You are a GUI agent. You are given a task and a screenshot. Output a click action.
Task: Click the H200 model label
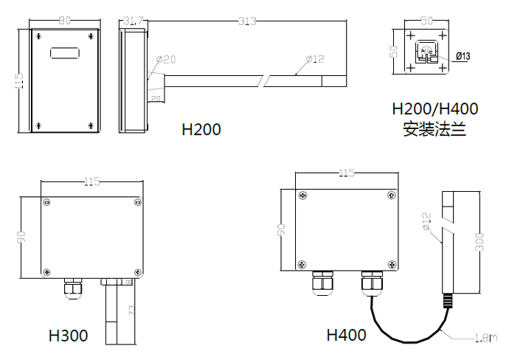pos(201,130)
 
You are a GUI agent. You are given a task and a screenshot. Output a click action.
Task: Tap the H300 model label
pos(69,336)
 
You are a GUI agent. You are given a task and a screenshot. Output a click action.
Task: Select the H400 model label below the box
pos(346,336)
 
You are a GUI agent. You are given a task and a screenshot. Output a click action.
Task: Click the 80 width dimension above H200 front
pos(64,21)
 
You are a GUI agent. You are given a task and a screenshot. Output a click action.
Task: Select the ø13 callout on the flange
pos(463,56)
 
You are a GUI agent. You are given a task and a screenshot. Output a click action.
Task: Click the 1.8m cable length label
pos(484,339)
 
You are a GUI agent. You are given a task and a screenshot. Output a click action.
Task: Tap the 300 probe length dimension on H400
pos(480,243)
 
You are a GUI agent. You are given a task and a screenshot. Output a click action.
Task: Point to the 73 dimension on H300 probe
pos(132,310)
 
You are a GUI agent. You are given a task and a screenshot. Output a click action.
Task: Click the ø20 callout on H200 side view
pos(165,60)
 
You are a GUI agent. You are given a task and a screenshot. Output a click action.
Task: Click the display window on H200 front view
pos(64,53)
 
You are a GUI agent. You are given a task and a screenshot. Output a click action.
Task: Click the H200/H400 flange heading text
pos(435,109)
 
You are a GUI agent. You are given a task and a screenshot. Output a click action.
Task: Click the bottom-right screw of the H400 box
pos(389,264)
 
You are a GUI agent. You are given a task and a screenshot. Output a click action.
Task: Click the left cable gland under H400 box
pos(323,283)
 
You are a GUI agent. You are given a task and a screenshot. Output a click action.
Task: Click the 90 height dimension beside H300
pos(22,237)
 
